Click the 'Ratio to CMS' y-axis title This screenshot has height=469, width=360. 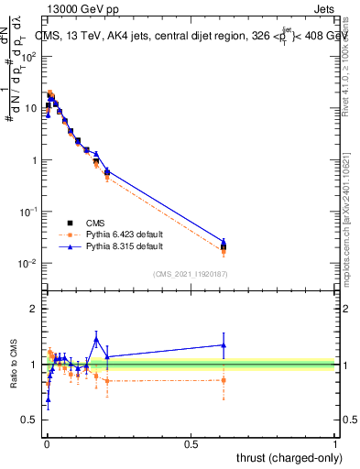point(14,364)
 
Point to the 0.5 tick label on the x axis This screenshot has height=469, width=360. point(191,443)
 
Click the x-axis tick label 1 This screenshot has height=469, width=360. point(335,443)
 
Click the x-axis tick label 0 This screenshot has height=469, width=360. point(46,443)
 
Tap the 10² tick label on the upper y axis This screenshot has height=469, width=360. point(31,56)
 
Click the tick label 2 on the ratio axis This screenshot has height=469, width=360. point(36,309)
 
